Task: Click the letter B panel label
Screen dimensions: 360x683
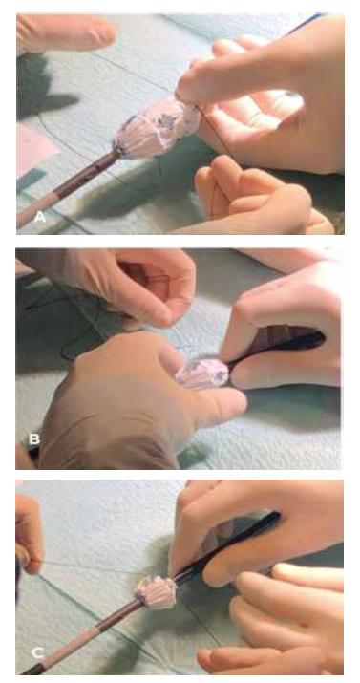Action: (34, 439)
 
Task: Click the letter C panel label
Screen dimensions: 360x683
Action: (38, 652)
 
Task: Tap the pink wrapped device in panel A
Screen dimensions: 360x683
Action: (156, 125)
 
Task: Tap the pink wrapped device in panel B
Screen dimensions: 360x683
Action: (202, 374)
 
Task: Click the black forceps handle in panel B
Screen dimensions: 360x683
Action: (279, 349)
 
